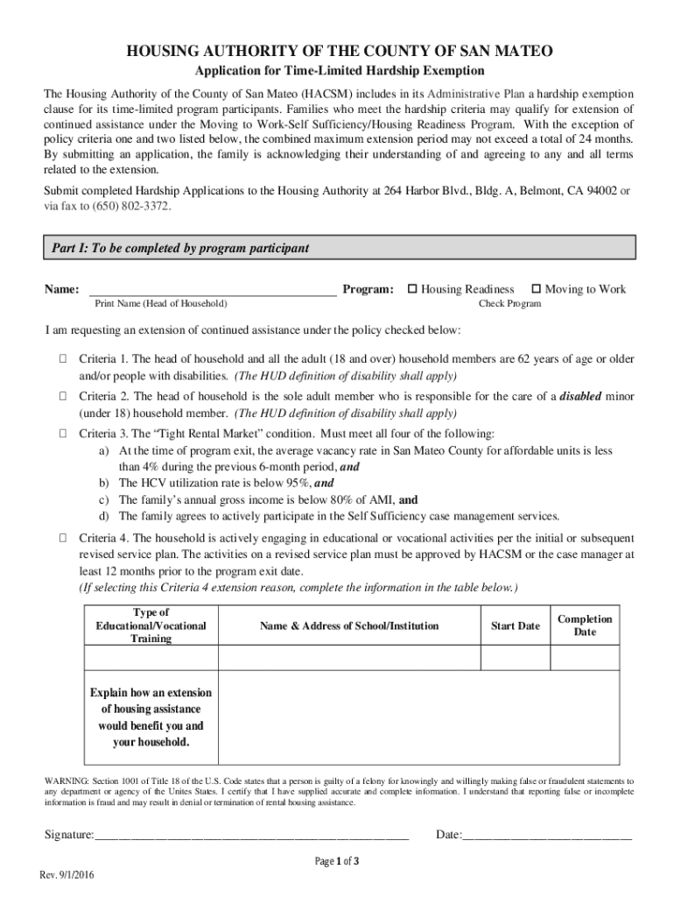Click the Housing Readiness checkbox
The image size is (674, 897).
413,289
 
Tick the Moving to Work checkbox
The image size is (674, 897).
537,289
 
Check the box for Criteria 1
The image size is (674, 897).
64,359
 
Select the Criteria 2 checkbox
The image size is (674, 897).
64,396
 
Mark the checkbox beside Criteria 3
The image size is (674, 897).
64,433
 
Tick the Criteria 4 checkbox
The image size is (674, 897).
64,537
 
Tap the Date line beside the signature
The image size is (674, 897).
546,835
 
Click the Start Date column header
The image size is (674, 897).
515,625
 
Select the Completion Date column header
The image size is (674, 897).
585,625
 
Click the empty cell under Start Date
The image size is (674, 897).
515,657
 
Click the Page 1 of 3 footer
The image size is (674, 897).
337,861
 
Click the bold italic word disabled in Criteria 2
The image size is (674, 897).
580,396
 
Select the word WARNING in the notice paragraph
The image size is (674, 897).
65,780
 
